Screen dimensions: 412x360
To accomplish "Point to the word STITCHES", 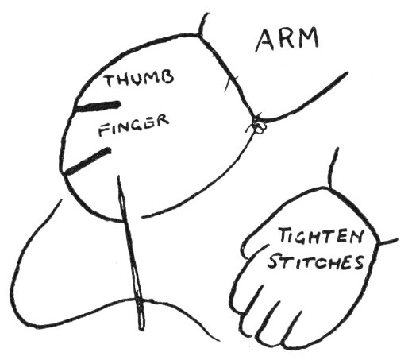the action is pos(315,262).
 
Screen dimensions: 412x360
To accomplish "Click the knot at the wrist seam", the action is pos(258,126).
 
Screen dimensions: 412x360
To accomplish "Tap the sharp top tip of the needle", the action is pos(118,176).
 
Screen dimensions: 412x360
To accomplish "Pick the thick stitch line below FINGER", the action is pos(87,161).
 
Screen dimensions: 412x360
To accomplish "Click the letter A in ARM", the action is pos(266,41).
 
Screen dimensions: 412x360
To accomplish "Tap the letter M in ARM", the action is pos(308,37).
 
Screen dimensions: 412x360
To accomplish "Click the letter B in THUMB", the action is pos(167,77).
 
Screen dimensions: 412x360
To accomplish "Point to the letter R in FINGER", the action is pos(162,121).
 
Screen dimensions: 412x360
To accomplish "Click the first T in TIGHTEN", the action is pos(284,237).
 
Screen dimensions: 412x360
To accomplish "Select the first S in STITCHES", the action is pos(272,261).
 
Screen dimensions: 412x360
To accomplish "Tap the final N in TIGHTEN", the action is pos(354,237).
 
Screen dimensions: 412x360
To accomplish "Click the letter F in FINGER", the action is pos(103,131).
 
